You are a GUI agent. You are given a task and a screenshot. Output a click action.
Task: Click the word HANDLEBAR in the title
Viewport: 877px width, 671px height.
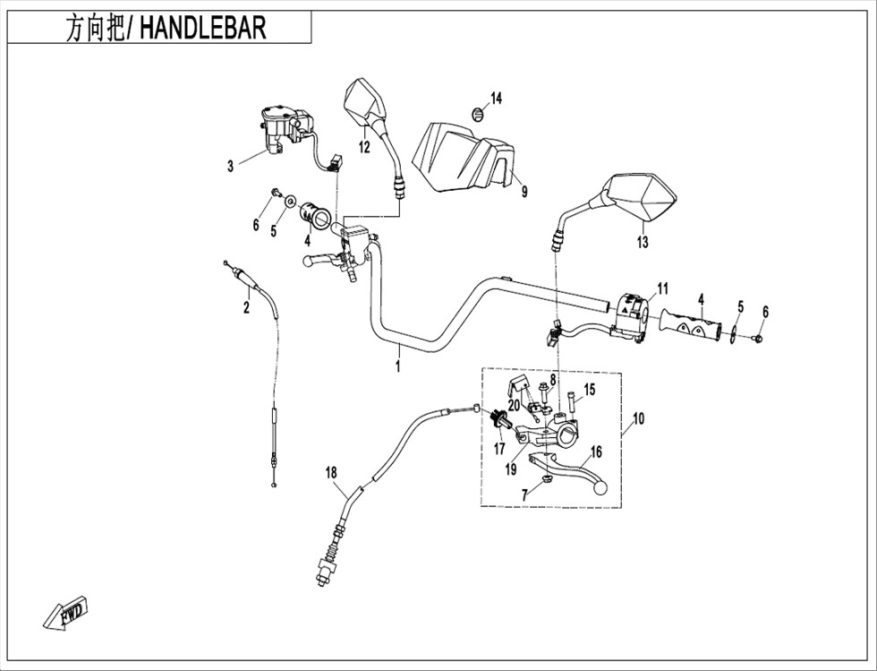click(202, 28)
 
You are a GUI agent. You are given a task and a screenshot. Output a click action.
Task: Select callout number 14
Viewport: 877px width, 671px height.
click(496, 99)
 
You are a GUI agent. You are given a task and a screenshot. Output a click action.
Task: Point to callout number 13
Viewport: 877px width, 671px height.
click(643, 242)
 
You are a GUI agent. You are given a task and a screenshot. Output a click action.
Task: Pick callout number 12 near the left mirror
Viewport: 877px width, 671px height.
click(364, 147)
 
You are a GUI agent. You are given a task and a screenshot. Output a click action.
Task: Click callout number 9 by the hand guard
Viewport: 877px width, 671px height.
click(524, 192)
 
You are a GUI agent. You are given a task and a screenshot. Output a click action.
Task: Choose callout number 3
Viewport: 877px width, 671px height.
click(231, 167)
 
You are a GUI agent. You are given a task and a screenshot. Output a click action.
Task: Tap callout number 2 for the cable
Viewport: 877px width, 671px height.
click(246, 307)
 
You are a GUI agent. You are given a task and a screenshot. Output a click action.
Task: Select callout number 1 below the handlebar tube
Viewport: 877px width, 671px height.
click(397, 367)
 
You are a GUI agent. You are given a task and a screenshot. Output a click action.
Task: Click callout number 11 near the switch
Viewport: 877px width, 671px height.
click(662, 289)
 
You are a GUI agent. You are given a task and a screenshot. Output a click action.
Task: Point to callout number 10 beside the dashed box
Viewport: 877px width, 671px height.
click(638, 418)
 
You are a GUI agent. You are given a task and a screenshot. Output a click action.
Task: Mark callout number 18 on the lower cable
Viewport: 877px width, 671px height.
click(332, 473)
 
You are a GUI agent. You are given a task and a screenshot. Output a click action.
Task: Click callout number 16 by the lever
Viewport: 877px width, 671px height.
click(596, 452)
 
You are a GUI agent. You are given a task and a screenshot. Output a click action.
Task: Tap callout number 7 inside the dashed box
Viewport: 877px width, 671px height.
click(524, 495)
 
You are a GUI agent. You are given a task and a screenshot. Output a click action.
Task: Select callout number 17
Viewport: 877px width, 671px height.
click(499, 448)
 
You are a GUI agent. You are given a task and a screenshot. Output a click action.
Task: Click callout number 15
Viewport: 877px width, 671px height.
click(590, 390)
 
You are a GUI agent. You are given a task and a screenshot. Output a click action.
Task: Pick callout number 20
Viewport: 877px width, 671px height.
click(514, 404)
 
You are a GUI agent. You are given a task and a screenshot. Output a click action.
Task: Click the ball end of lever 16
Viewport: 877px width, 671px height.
click(599, 487)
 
